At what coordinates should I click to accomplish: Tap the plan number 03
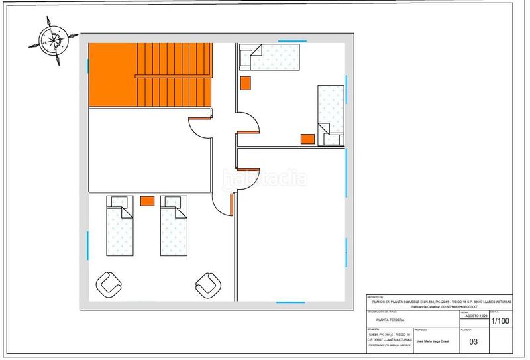coord(473,342)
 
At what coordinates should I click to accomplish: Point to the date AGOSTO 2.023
coord(472,317)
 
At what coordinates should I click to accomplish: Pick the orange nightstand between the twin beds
coord(147,200)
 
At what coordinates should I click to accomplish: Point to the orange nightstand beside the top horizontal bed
coord(246,83)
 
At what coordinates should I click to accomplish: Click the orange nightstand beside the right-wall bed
coord(307,139)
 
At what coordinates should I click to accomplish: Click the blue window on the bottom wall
coord(291,303)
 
